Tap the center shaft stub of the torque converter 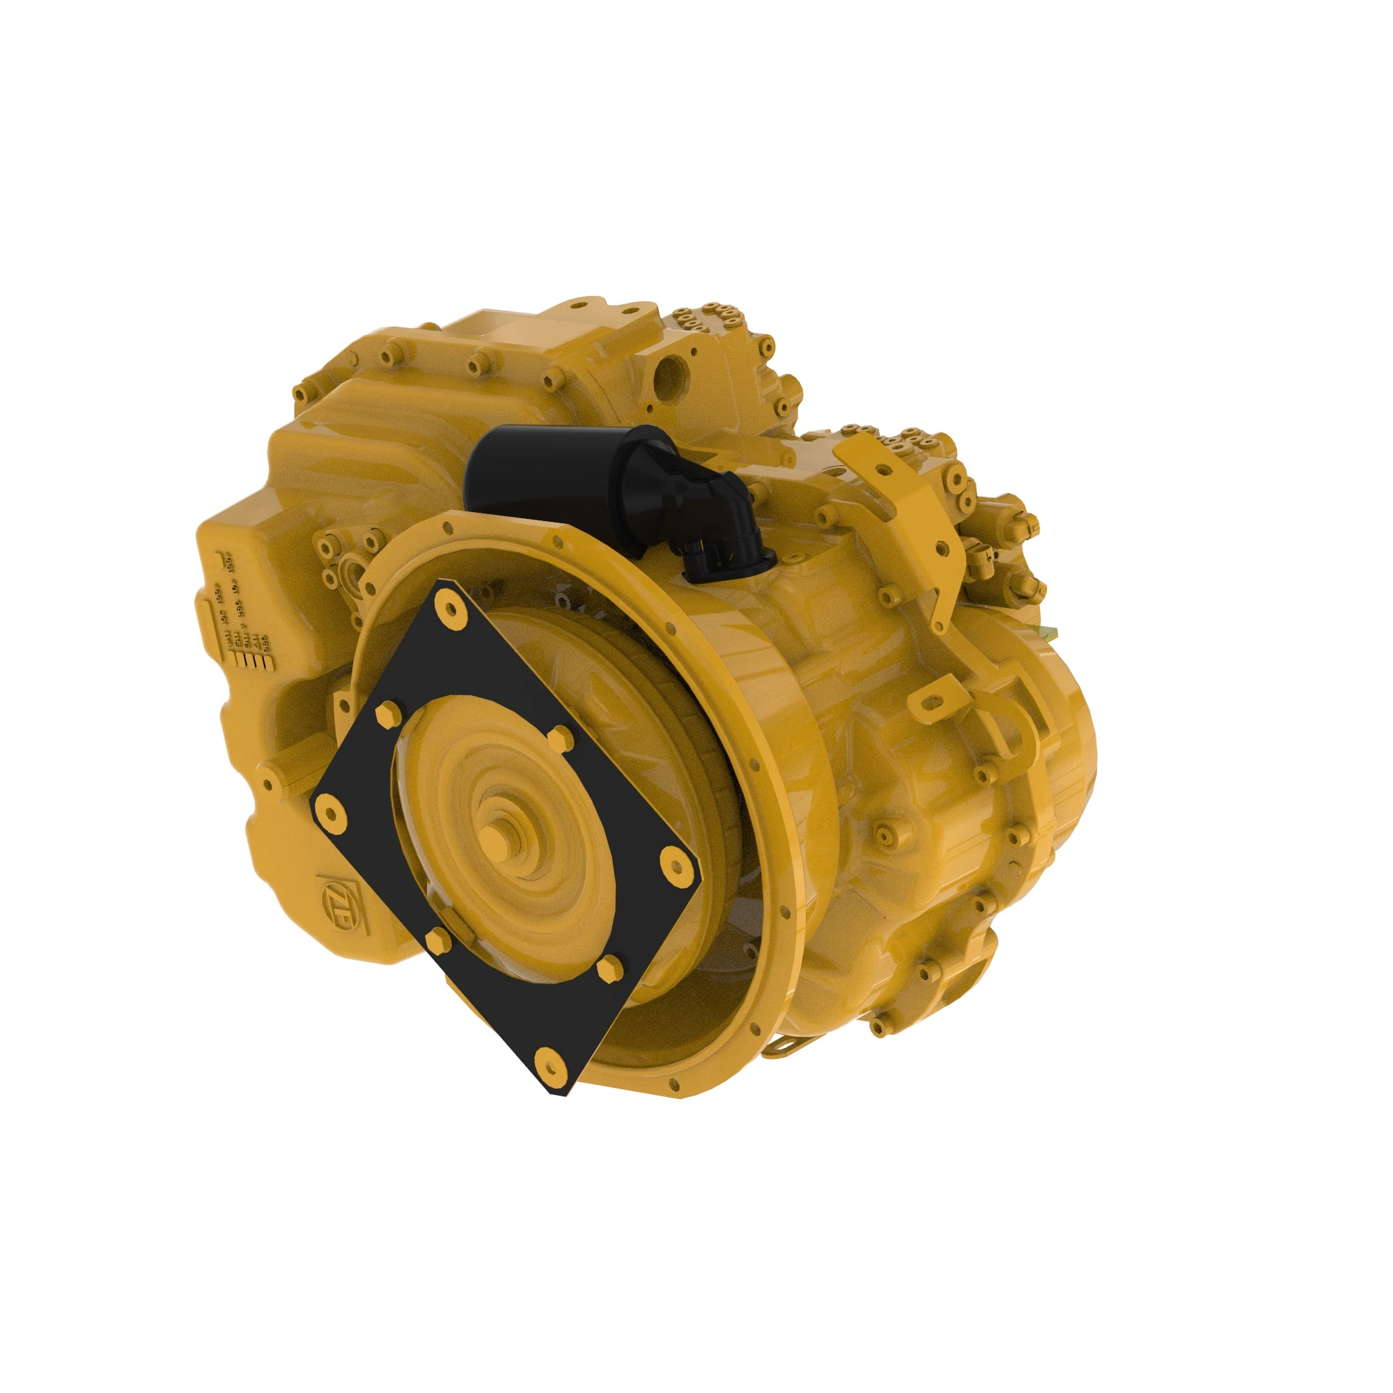point(495,839)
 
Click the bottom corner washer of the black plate point(550,1062)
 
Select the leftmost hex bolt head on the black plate point(387,713)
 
